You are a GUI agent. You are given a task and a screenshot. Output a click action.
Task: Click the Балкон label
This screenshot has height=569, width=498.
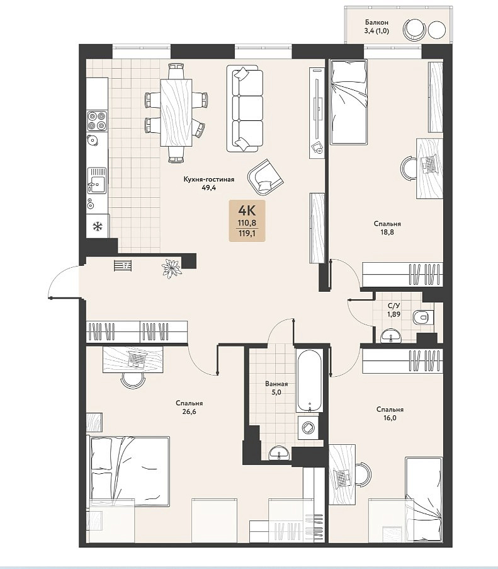[376, 23]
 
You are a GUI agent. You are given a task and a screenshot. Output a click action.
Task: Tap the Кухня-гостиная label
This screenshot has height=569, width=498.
[209, 179]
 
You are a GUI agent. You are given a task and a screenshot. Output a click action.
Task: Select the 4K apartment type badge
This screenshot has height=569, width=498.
[247, 221]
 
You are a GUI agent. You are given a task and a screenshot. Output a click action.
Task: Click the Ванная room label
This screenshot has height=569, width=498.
[276, 384]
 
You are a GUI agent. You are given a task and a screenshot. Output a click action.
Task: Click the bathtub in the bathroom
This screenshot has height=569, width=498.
[309, 381]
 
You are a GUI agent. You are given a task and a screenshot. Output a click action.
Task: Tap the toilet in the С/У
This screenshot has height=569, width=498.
[423, 318]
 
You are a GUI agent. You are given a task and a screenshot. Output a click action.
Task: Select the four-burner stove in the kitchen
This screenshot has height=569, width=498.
[97, 121]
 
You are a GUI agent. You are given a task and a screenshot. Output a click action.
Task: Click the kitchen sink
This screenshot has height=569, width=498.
[96, 180]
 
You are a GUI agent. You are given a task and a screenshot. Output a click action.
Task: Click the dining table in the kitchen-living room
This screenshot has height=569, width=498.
[176, 113]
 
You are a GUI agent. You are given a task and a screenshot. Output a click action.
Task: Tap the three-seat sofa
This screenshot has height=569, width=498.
[245, 108]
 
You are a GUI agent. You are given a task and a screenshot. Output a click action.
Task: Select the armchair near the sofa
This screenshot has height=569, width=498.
[265, 176]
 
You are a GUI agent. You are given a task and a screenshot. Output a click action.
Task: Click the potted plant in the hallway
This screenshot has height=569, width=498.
[171, 268]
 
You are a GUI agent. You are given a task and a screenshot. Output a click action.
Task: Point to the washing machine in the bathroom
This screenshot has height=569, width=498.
[309, 427]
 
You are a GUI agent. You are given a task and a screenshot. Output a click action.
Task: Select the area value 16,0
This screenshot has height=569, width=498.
[390, 418]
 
